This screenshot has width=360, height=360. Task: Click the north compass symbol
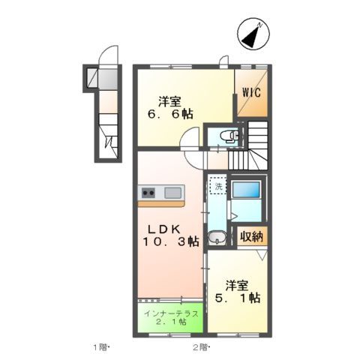pos(253,34)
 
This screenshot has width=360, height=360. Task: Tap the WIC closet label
pos(251,94)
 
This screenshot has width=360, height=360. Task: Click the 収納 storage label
pos(251,237)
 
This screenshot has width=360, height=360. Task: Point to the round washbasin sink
pos(217,239)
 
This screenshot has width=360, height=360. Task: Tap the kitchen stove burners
pos(147,193)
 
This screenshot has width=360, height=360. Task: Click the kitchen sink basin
pos(172,193)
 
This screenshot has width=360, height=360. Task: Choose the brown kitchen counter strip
pos(161,203)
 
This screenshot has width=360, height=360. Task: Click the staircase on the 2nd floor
pos(251,147)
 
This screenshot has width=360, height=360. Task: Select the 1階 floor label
pos(101,347)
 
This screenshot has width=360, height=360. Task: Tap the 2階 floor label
pos(200,347)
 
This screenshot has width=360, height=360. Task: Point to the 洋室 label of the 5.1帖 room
pos(237,285)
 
